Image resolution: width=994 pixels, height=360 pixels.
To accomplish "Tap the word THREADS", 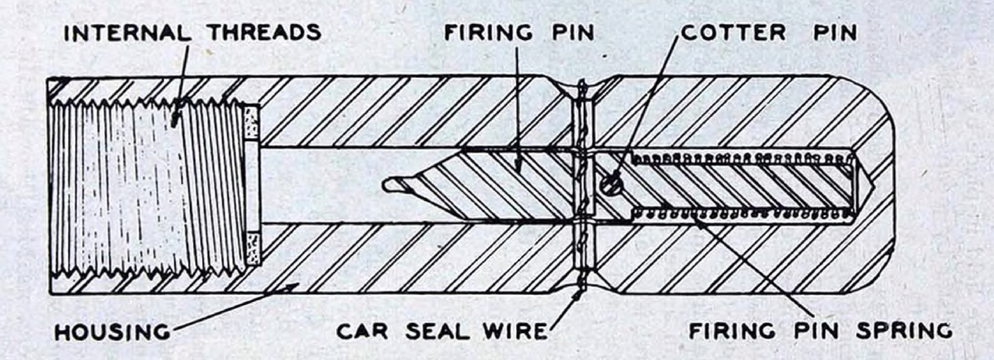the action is click(265, 32).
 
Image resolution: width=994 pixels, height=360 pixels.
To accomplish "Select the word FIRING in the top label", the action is click(488, 32).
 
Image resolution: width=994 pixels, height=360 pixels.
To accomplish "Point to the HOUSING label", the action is click(112, 332).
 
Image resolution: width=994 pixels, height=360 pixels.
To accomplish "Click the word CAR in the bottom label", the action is click(362, 332).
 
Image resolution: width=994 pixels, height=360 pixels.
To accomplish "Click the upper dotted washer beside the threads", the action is click(251, 122).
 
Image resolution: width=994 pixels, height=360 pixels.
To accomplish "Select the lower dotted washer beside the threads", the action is click(252, 248).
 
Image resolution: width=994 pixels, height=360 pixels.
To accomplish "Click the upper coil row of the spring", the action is click(742, 158).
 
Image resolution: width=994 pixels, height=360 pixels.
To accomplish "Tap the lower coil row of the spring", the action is click(742, 214).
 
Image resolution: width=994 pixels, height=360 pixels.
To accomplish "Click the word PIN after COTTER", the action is click(834, 32).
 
